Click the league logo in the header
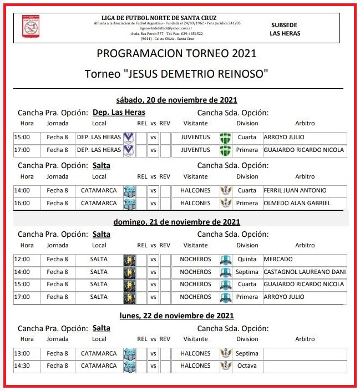(31, 27)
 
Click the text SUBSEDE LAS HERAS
(285, 29)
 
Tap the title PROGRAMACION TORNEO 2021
(176, 54)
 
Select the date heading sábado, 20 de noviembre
(176, 100)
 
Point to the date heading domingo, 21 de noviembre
(176, 222)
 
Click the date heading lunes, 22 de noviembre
(176, 316)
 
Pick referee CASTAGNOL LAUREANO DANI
(305, 272)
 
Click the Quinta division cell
(247, 259)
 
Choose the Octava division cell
(247, 365)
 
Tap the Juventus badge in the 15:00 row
(225, 137)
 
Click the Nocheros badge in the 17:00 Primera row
(225, 297)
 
